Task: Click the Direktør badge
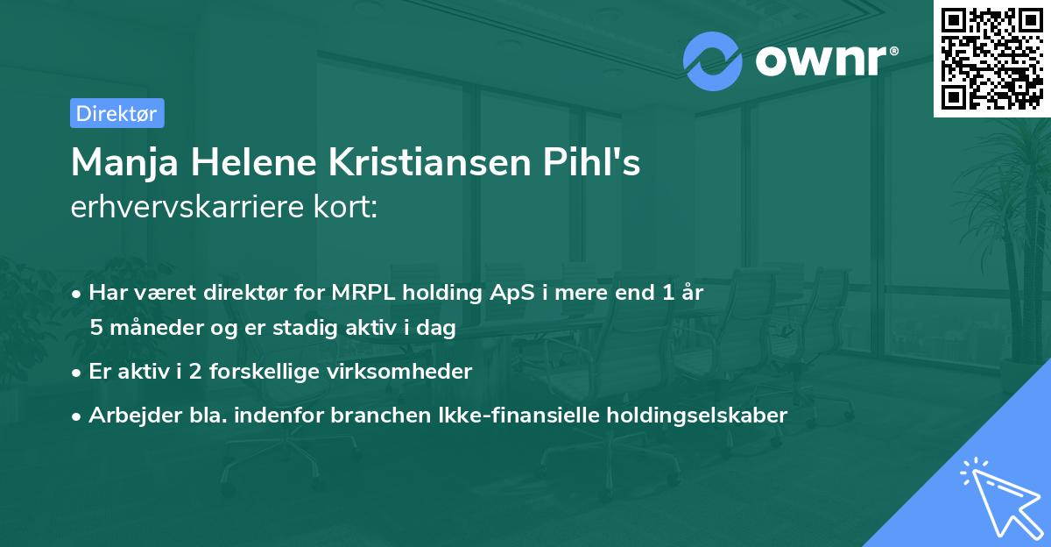(116, 113)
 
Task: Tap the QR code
(991, 58)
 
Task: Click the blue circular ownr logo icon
(713, 60)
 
